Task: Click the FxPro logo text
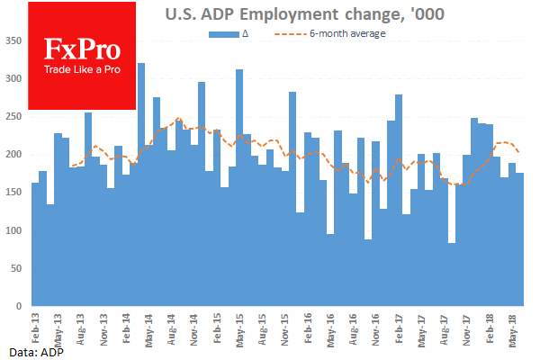click(82, 50)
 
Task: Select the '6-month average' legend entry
click(341, 34)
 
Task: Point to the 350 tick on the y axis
click(16, 41)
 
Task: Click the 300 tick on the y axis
click(16, 79)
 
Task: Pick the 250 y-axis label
click(16, 117)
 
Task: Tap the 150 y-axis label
click(16, 193)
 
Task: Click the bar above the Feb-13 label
click(35, 244)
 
